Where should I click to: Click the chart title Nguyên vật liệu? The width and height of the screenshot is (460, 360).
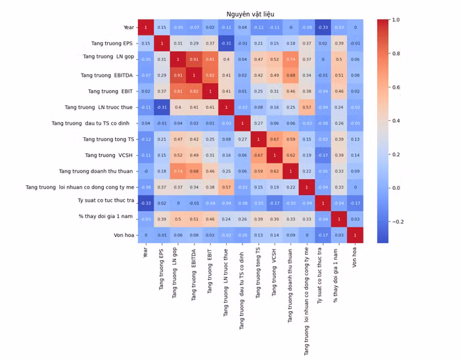[x=250, y=14]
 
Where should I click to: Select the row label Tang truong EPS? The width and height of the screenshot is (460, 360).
[x=112, y=43]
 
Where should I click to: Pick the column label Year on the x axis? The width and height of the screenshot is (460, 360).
[x=145, y=253]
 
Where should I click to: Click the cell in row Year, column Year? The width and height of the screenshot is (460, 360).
[x=145, y=28]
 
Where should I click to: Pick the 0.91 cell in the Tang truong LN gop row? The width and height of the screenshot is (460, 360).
[x=194, y=59]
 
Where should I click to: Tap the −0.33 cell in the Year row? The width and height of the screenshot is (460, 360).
[x=323, y=28]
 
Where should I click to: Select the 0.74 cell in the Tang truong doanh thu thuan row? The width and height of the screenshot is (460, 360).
[x=177, y=171]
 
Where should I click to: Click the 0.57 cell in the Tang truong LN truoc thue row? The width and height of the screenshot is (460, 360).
[x=306, y=107]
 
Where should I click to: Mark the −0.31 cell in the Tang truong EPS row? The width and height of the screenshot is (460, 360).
[x=226, y=43]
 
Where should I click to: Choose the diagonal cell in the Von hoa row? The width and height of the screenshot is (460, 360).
[x=355, y=235]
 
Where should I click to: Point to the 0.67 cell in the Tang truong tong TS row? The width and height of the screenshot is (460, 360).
[x=274, y=139]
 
